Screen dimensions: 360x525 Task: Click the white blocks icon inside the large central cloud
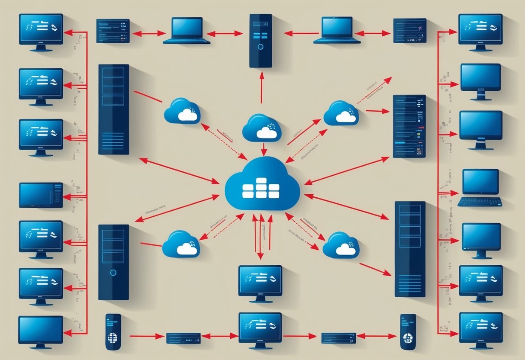pyautogui.click(x=261, y=189)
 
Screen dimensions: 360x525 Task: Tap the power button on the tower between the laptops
pyautogui.click(x=260, y=46)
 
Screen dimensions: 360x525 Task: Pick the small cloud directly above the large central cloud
pyautogui.click(x=262, y=128)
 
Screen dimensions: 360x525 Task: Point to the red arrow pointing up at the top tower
pyautogui.click(x=261, y=87)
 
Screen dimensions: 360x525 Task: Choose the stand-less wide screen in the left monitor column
pyautogui.click(x=41, y=195)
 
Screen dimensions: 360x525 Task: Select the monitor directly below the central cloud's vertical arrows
pyautogui.click(x=260, y=281)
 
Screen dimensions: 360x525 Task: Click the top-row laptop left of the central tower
pyautogui.click(x=186, y=30)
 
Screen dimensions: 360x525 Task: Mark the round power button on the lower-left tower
pyautogui.click(x=113, y=273)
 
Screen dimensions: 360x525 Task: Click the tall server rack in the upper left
pyautogui.click(x=113, y=109)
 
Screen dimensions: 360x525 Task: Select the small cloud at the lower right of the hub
pyautogui.click(x=341, y=245)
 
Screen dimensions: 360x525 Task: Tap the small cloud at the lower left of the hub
pyautogui.click(x=181, y=244)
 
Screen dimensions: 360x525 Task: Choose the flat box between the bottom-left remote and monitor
pyautogui.click(x=184, y=338)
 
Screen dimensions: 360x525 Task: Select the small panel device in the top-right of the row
pyautogui.click(x=409, y=30)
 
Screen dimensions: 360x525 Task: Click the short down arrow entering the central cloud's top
pyautogui.click(x=264, y=150)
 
